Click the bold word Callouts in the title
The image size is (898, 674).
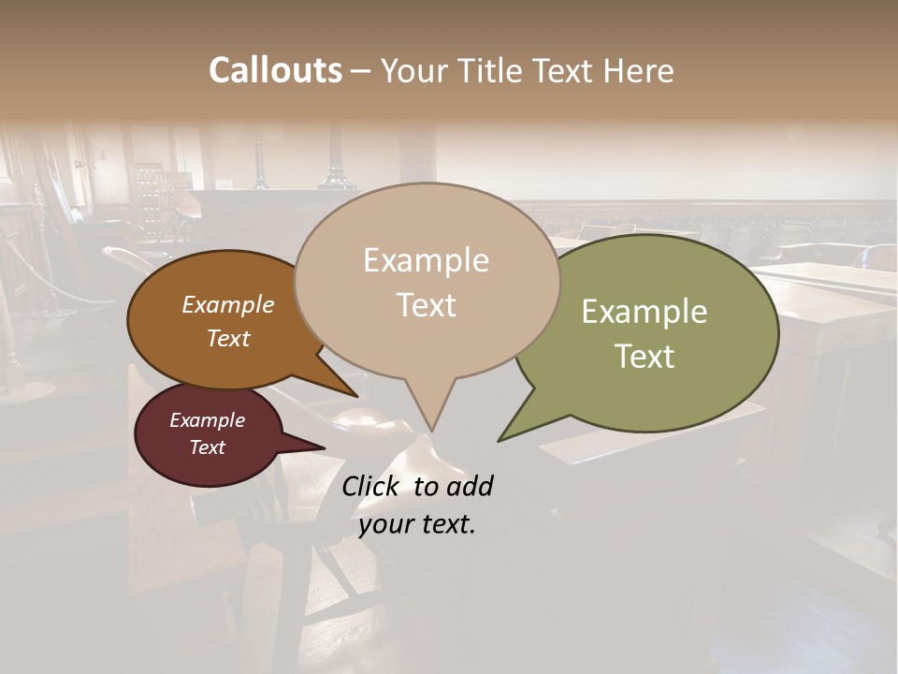(275, 70)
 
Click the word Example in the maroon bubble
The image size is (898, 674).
(207, 420)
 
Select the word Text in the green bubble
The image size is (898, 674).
(645, 356)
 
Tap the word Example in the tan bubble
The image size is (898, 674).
(426, 259)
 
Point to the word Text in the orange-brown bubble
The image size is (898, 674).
(227, 338)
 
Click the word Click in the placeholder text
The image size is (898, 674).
(369, 486)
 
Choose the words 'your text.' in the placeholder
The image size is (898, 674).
(416, 524)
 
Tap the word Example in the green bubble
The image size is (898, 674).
(645, 311)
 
